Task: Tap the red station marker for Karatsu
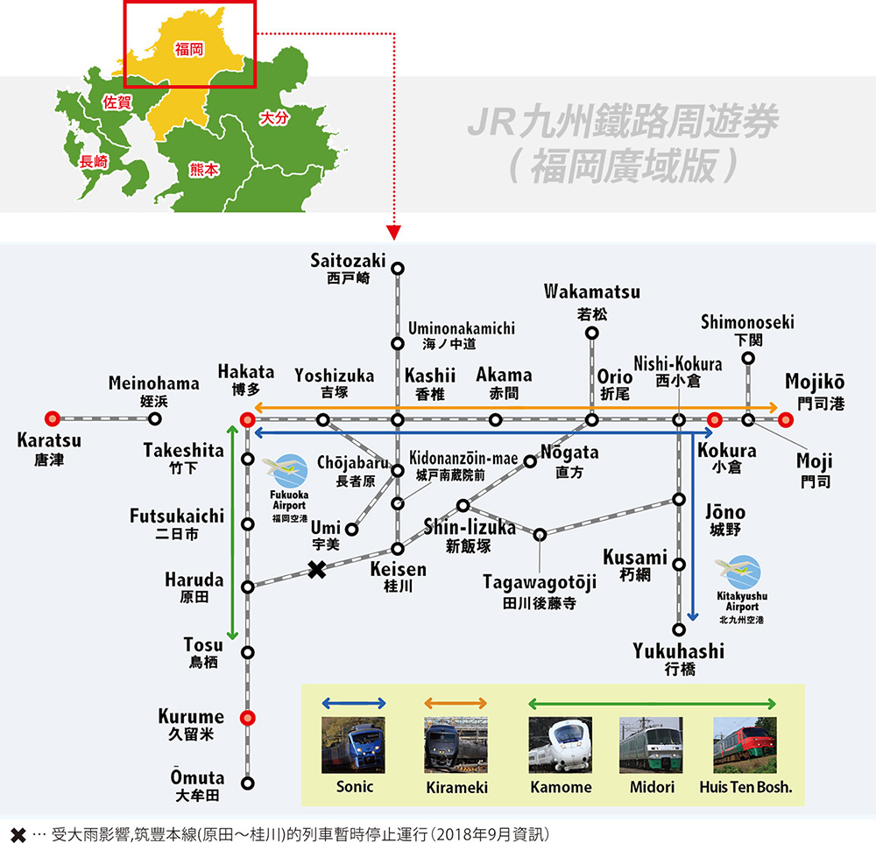coord(53,419)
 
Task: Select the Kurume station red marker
coord(248,718)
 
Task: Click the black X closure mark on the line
coord(317,570)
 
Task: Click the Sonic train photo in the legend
coord(354,744)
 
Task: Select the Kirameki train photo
coord(456,744)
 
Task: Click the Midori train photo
coord(651,744)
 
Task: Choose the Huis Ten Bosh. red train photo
coord(745,744)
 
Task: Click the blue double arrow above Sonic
coord(354,703)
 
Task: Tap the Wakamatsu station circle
coord(592,333)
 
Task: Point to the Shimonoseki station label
coord(747,323)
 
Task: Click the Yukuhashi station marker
coord(679,629)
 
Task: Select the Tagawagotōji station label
coord(539,581)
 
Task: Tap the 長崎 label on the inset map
coord(93,161)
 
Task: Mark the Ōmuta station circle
coord(248,783)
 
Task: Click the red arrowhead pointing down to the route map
coord(393,233)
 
